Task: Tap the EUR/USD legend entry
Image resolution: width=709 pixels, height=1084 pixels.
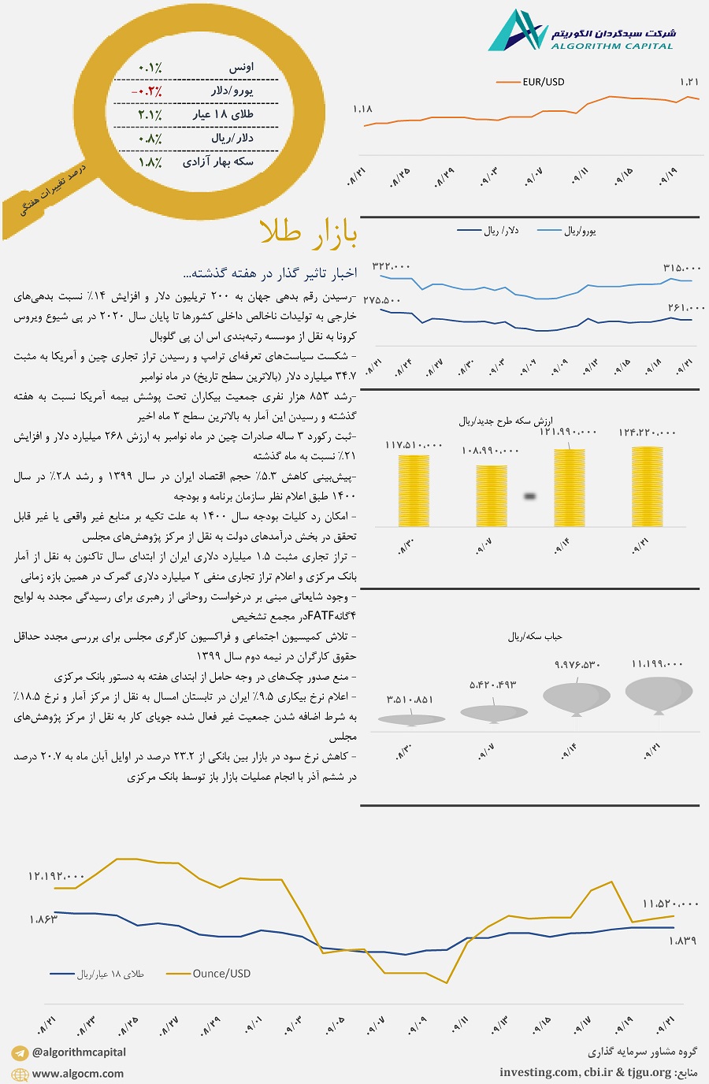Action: (543, 82)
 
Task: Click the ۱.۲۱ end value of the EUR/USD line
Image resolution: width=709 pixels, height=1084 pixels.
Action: (689, 82)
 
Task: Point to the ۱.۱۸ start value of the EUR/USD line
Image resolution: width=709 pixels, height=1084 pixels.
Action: (362, 110)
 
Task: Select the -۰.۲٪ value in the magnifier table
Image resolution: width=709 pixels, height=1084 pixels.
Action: (147, 91)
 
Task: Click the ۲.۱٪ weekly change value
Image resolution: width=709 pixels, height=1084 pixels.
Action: (150, 115)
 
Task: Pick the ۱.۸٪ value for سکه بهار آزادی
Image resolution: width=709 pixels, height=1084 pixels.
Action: (150, 162)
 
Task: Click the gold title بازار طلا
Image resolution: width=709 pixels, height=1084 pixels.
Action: (308, 233)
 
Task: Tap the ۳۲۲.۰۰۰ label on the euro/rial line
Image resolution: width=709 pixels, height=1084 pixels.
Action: (392, 267)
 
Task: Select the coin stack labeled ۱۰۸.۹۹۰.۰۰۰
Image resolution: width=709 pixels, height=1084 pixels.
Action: (492, 496)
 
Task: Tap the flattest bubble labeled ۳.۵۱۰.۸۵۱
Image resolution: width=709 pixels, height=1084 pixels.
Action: (411, 718)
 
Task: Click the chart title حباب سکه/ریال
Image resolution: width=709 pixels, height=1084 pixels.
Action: (535, 637)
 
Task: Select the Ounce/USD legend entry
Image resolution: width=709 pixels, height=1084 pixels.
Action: (221, 974)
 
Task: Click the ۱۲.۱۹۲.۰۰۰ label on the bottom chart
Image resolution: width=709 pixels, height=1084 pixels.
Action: (56, 876)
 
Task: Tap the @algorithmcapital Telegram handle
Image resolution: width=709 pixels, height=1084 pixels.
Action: (79, 1052)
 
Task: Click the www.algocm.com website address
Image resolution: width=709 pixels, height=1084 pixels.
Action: (78, 1074)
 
